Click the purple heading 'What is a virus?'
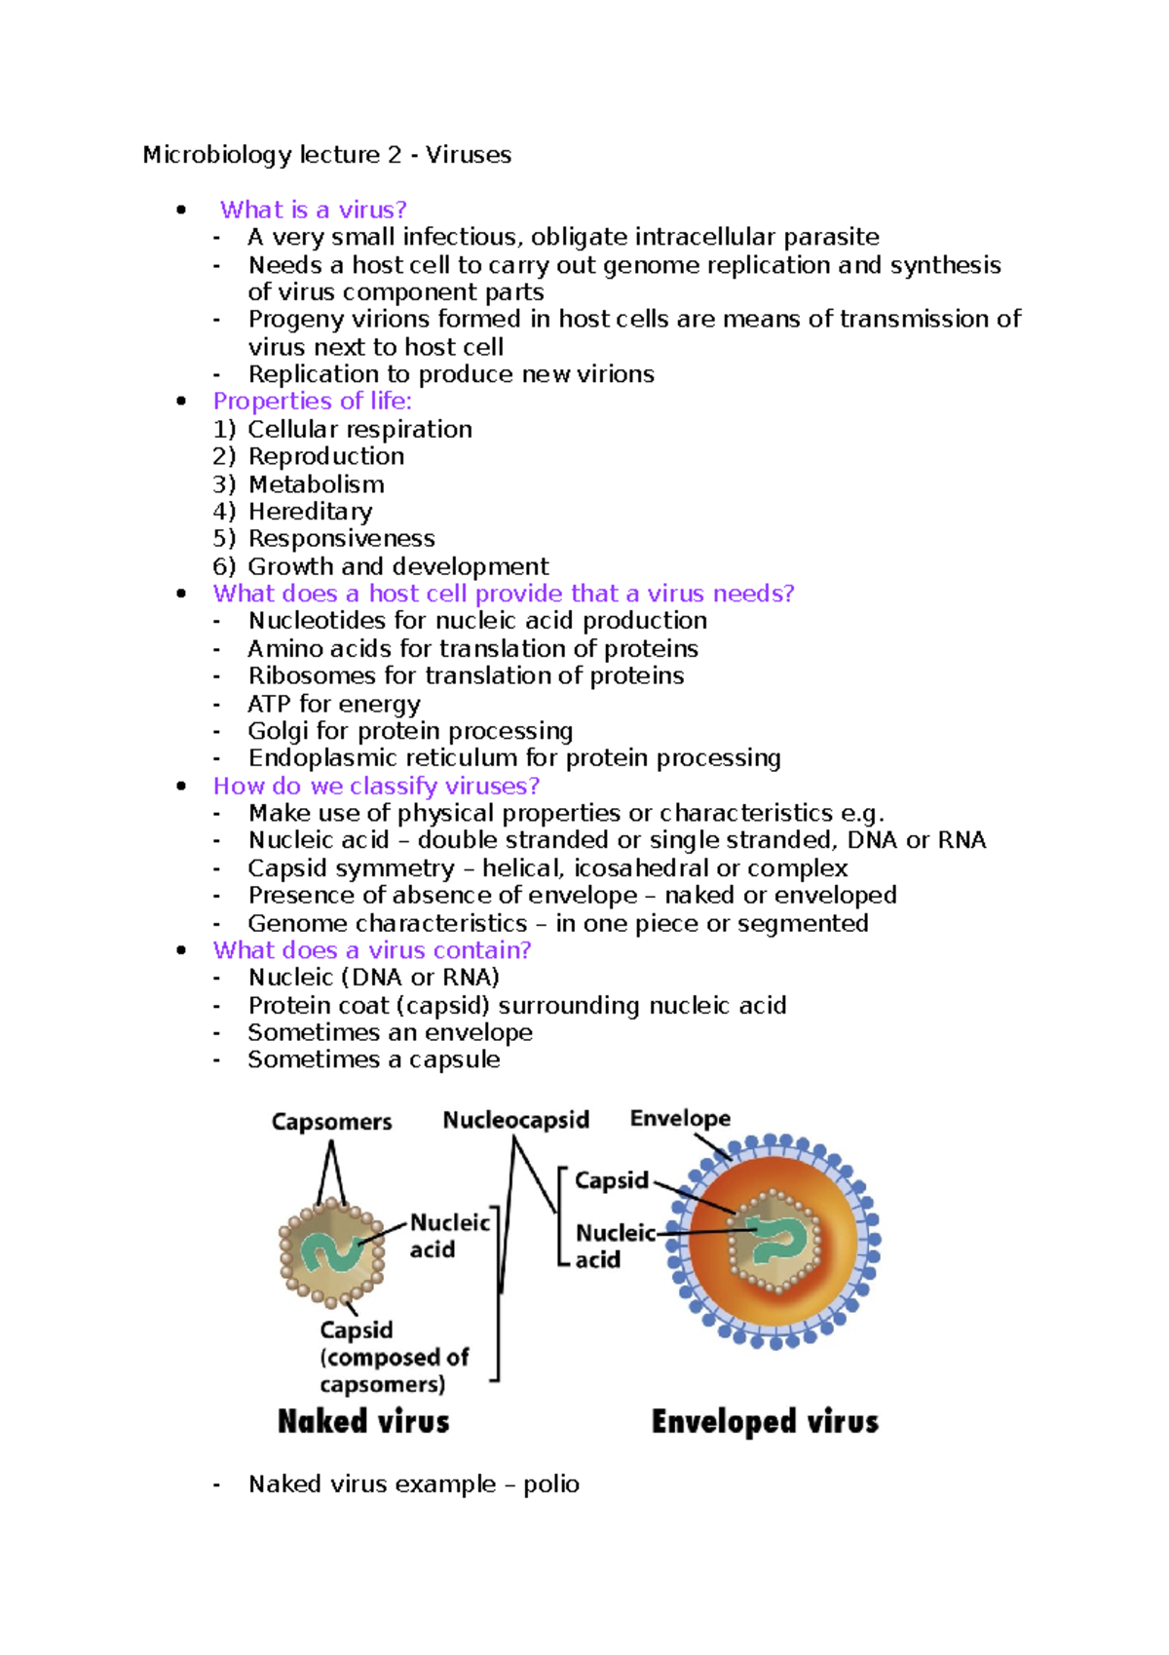313,210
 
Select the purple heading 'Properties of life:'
312,402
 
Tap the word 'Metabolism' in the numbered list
316,484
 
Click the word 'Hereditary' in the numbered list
310,512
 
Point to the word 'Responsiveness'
341,539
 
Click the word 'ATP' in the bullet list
269,704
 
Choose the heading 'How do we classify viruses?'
376,786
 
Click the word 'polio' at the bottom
550,1484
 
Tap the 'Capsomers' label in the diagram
331,1122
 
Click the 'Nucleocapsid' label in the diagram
515,1120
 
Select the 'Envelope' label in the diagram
680,1118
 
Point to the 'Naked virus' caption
363,1422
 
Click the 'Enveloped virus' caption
765,1422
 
